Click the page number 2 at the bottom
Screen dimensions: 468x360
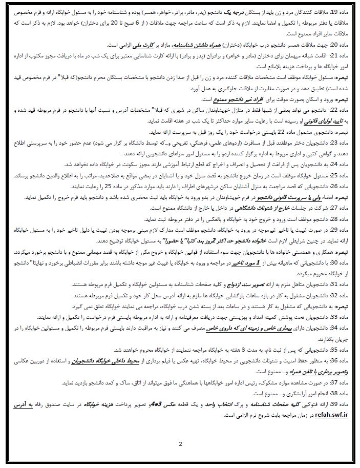coord(180,443)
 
